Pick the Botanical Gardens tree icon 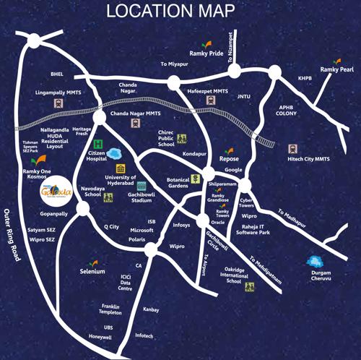point(196,178)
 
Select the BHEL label point(57,74)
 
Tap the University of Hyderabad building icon point(120,168)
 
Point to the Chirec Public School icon point(182,137)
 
